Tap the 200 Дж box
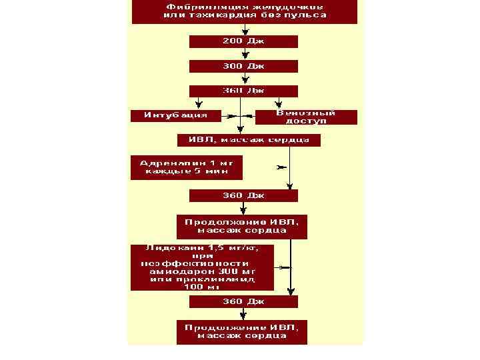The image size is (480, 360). pos(243,41)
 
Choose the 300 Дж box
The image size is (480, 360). pos(243,66)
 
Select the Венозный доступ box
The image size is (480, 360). pos(306,117)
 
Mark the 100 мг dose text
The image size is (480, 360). pos(202,287)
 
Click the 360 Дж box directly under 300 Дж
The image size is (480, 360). pos(243,91)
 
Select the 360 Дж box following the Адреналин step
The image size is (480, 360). pos(243,195)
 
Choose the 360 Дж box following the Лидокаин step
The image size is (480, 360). pos(243,301)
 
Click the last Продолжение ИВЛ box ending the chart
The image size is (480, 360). pos(242,332)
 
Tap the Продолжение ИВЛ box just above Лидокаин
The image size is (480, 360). pos(242,226)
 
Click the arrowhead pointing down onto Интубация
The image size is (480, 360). pos(198,105)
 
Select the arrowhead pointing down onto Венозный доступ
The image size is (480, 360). pos(279,105)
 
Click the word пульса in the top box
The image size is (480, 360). pos(306,15)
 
